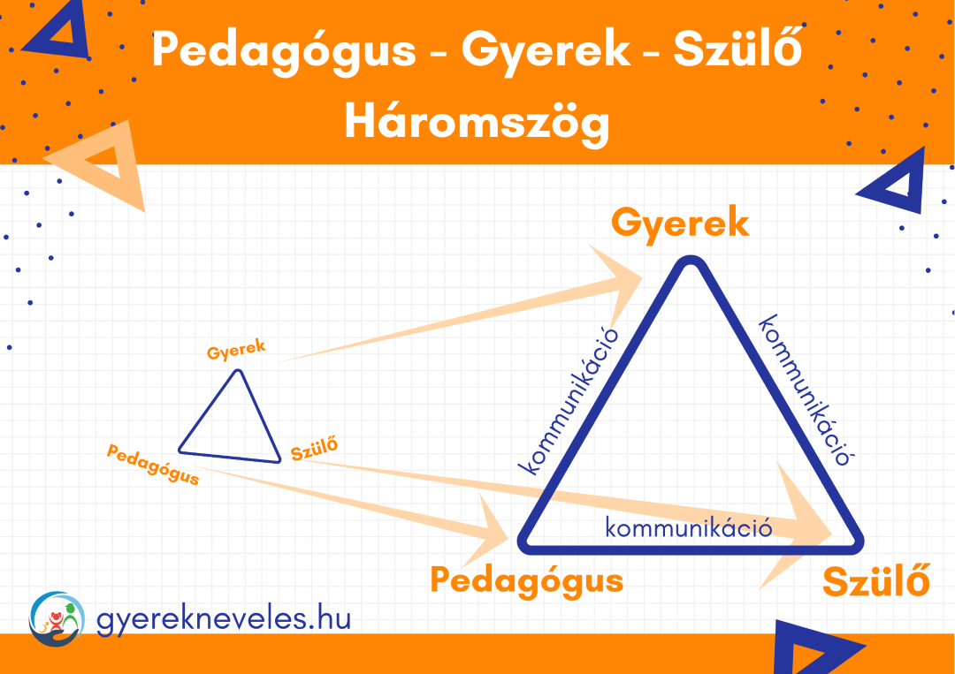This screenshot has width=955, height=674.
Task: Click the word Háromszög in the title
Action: click(x=477, y=122)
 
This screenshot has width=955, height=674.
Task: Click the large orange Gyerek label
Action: click(x=680, y=224)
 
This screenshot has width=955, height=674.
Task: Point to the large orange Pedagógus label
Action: click(x=527, y=581)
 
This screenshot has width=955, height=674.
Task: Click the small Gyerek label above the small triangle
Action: click(x=236, y=350)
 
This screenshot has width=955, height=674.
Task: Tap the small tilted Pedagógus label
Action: click(x=153, y=464)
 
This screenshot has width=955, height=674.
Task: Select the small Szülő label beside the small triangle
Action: click(x=314, y=449)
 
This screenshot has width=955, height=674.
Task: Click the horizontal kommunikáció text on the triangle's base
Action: click(x=689, y=527)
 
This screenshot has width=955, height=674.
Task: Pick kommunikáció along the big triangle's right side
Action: click(x=804, y=390)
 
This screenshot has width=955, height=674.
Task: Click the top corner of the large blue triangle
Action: click(x=690, y=261)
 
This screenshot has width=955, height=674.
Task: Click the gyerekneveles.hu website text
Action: click(x=224, y=620)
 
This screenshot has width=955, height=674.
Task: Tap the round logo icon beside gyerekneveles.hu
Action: click(x=57, y=618)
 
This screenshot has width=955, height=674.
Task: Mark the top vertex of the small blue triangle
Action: click(x=239, y=371)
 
